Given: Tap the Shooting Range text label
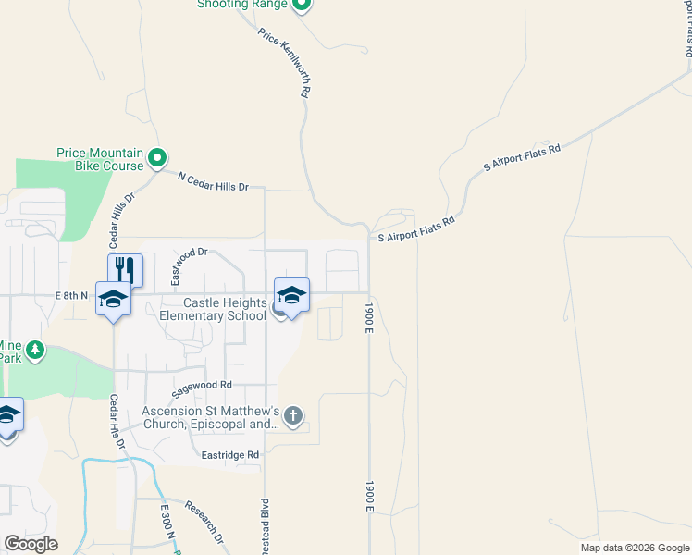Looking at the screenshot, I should [242, 5].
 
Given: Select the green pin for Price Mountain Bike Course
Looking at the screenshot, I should [157, 158].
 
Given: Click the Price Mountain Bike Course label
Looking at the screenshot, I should [100, 159].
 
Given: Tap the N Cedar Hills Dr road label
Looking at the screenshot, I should [214, 181].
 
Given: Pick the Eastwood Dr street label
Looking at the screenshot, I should [192, 265].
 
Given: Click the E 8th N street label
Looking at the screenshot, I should [71, 295].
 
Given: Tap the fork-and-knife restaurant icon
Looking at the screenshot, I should [125, 269].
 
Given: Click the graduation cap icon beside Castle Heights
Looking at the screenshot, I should [291, 296].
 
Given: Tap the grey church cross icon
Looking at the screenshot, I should [293, 415].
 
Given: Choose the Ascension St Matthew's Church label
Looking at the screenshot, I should [211, 418].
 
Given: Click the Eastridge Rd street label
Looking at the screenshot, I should [230, 455].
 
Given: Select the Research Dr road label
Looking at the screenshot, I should [205, 522].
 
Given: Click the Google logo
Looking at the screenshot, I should [31, 544].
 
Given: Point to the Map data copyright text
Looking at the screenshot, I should [635, 548].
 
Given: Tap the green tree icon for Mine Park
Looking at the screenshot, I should [35, 350].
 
